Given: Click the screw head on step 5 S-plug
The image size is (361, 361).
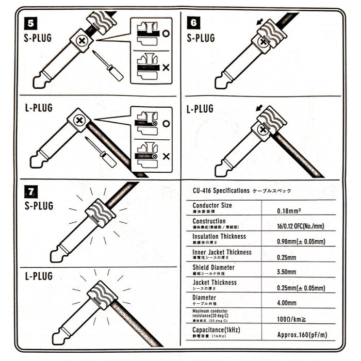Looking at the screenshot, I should click(x=81, y=40).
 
